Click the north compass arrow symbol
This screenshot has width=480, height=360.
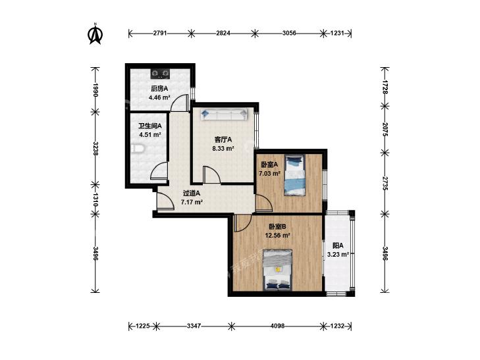95,34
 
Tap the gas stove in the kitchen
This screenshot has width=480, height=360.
161,73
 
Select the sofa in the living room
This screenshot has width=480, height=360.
224,115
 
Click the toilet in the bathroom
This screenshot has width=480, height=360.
138,149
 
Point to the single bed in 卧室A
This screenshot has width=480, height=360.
295,175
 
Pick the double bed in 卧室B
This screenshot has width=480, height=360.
278,270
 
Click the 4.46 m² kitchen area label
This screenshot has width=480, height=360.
159,98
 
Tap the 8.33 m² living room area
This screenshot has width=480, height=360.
223,149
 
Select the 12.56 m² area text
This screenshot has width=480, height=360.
277,236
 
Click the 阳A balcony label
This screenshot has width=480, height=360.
338,245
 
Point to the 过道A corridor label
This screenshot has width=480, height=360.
192,193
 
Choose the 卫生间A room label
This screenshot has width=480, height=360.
150,126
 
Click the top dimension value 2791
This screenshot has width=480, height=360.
160,33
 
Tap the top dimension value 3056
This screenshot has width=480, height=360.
289,33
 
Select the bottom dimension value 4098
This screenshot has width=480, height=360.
277,326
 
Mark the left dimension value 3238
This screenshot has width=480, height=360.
96,148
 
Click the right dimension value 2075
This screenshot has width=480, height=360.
385,130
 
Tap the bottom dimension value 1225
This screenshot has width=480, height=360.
143,326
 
